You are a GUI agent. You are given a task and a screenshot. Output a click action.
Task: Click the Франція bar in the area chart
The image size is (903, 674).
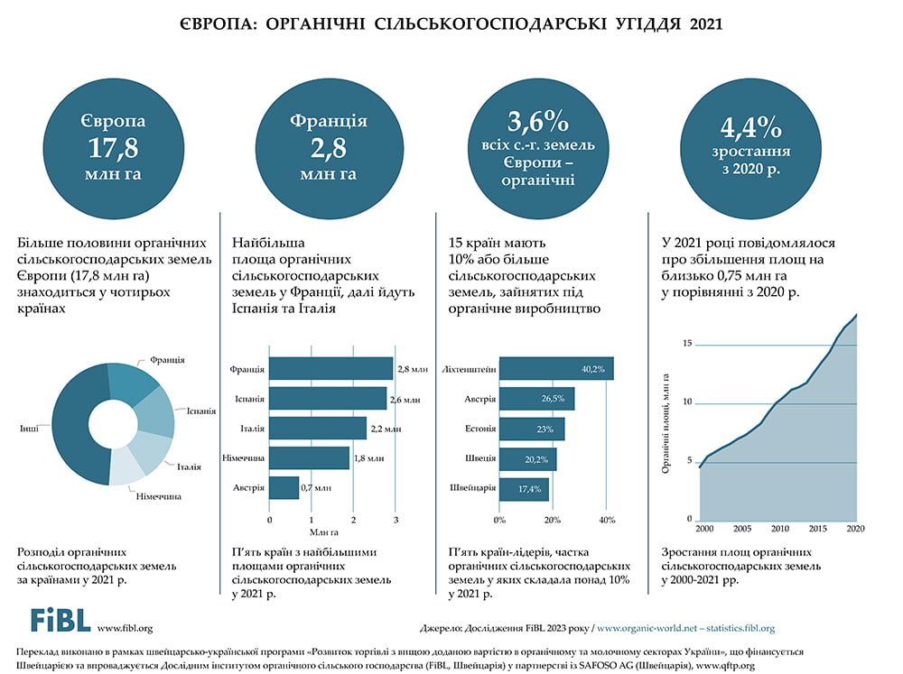330,368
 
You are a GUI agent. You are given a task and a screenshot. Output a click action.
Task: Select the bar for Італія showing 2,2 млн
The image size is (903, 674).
318,428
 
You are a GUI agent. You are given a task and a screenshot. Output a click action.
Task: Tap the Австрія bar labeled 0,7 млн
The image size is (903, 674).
284,487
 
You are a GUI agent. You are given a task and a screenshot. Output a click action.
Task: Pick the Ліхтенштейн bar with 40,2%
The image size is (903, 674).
556,368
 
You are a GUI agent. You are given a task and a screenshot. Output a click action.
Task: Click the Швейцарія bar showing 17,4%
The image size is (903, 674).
524,488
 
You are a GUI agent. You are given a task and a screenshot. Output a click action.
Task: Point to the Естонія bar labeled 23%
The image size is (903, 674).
532,429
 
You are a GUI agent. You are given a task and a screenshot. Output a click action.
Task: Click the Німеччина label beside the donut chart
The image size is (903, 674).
158,496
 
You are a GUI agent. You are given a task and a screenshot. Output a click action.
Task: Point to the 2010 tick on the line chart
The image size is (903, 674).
780,529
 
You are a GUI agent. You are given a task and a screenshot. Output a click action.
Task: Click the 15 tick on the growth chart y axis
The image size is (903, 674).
687,344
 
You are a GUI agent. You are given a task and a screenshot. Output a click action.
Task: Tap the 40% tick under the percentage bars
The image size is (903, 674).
607,520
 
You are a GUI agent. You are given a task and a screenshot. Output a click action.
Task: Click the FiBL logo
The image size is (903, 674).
60,619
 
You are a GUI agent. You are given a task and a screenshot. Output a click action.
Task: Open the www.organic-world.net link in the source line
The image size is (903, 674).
645,628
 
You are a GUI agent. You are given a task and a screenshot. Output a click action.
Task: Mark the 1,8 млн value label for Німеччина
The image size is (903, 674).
369,458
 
